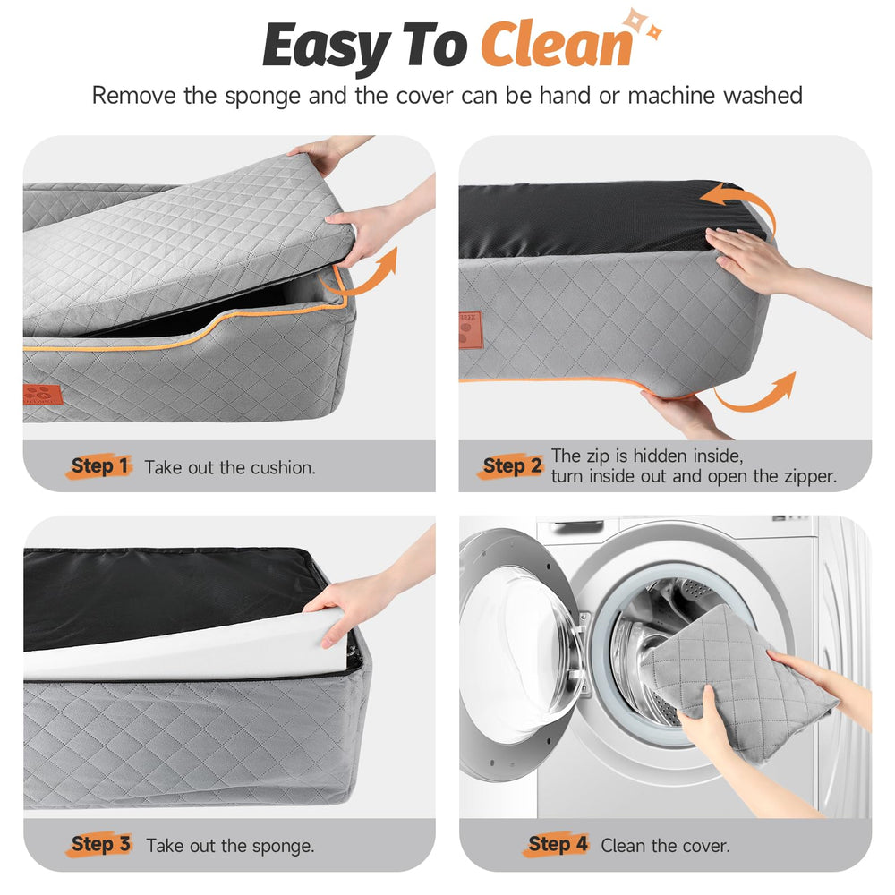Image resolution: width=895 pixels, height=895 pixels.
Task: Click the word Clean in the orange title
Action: (x=557, y=45)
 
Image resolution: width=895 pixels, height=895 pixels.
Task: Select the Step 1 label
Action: (x=99, y=466)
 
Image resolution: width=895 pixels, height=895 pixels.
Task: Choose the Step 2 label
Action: (x=511, y=466)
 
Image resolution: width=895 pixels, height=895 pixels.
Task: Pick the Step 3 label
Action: (x=100, y=844)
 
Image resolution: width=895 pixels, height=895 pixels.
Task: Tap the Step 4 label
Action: (x=557, y=844)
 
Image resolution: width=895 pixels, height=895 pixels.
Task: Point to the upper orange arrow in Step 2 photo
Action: (x=742, y=202)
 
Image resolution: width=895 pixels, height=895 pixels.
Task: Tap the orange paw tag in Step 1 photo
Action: (x=43, y=395)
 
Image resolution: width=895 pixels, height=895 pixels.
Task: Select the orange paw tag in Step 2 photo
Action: (x=471, y=330)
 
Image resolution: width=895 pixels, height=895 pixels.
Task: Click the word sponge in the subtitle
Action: (x=262, y=97)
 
